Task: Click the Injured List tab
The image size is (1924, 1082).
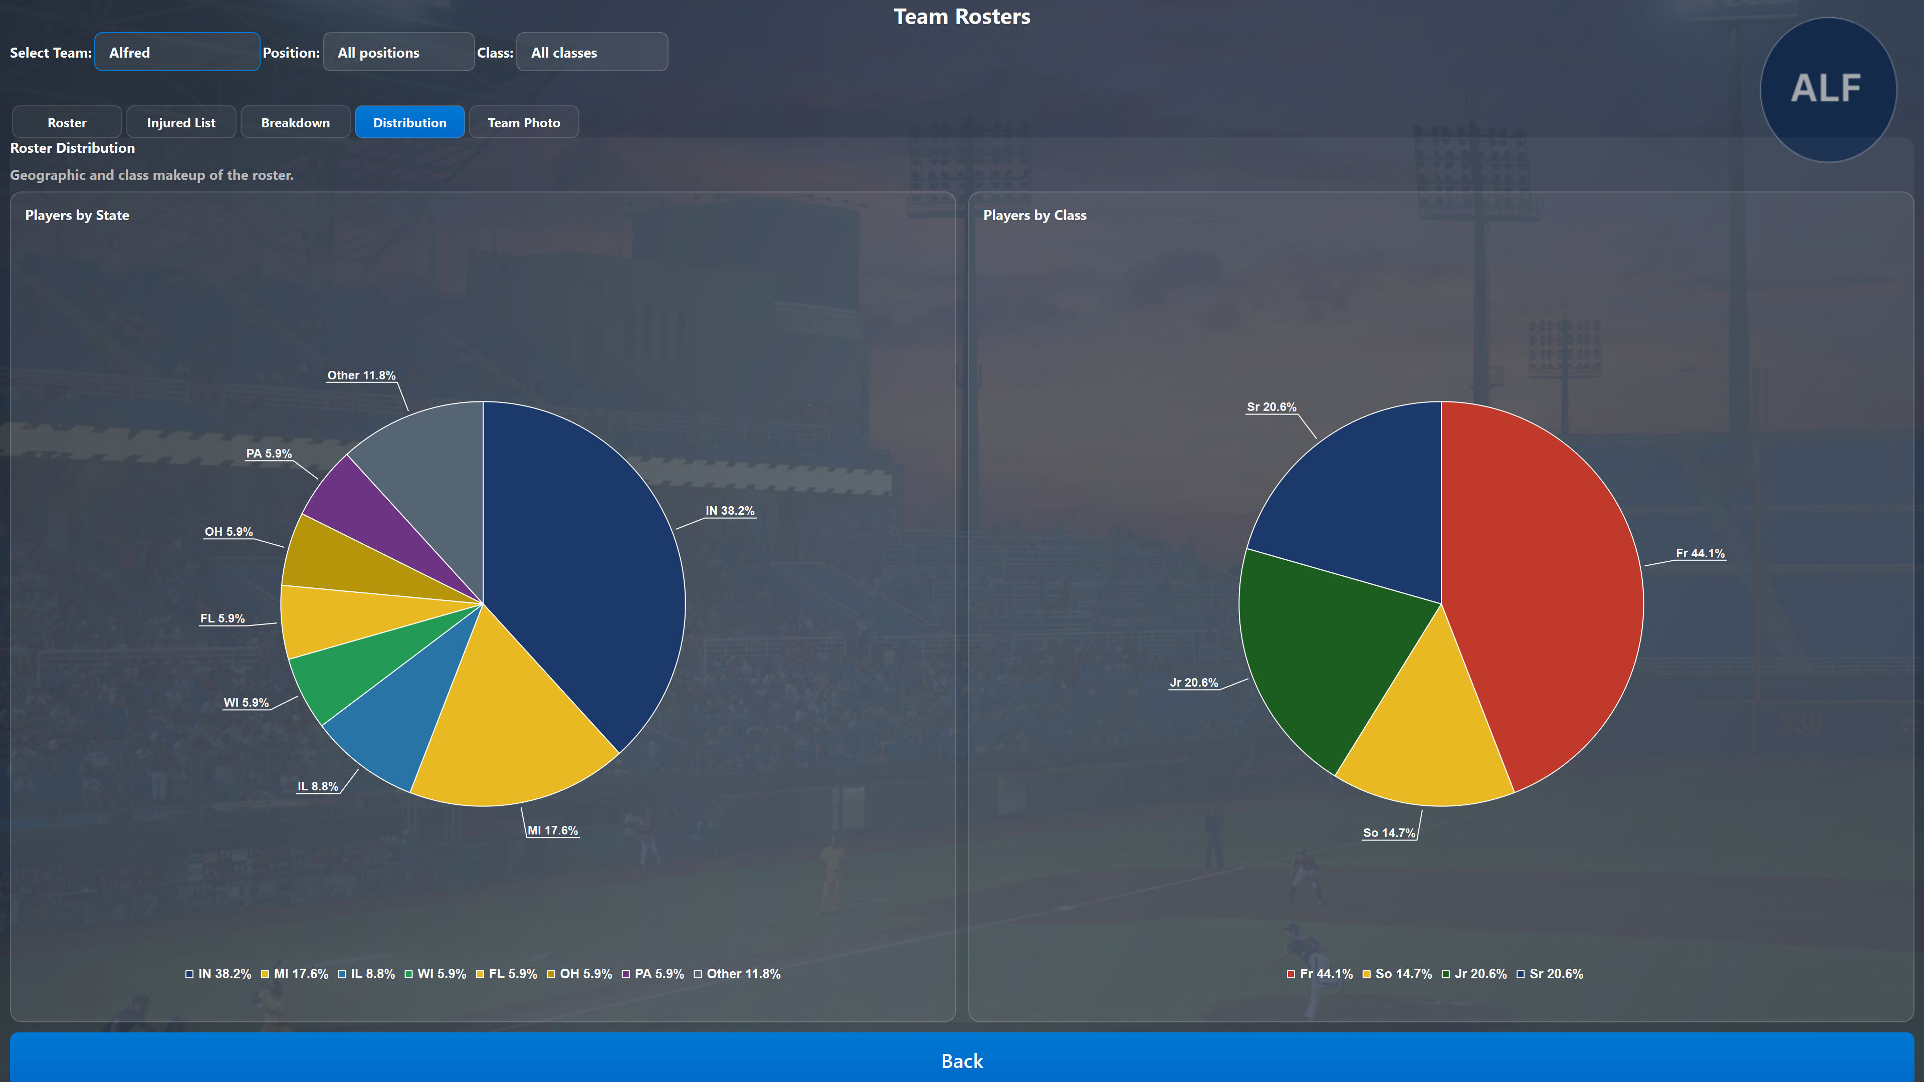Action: [x=181, y=122]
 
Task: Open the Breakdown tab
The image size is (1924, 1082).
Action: [x=295, y=122]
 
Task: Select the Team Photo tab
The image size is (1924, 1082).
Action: [x=524, y=122]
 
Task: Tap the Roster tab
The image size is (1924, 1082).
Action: [x=67, y=122]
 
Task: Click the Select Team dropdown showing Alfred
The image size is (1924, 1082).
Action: [x=177, y=52]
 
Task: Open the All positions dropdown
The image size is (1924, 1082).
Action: [x=398, y=52]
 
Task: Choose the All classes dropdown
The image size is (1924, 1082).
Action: [x=591, y=52]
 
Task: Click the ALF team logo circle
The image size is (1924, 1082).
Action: [x=1827, y=89]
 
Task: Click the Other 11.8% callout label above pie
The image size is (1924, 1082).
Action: [x=361, y=375]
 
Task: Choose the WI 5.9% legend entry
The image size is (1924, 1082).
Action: [x=436, y=974]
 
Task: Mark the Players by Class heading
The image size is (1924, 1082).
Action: [x=1034, y=215]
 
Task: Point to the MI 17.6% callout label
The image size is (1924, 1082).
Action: [x=553, y=830]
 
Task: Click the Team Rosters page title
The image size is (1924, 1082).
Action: [x=962, y=17]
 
